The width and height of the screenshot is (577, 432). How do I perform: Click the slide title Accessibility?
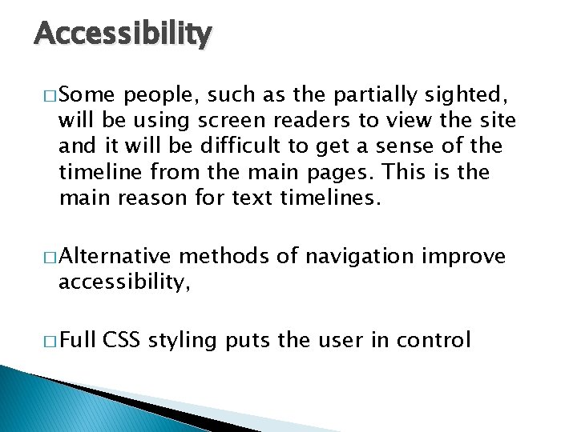[123, 34]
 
